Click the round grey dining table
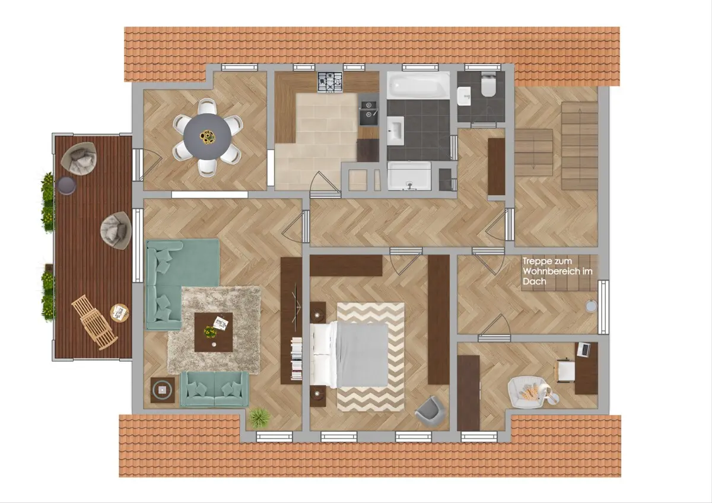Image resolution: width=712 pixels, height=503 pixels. tap(207, 136)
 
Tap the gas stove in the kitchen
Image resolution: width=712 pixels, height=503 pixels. tap(330, 82)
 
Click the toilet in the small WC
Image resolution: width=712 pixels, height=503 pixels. tap(488, 84)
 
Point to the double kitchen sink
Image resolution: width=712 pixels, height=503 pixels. tap(368, 109)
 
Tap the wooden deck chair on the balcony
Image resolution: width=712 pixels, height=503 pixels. tap(95, 323)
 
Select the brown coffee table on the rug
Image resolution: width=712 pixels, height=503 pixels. tap(213, 332)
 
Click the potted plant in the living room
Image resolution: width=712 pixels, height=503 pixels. tap(260, 418)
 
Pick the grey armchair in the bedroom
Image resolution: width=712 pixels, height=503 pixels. tap(430, 411)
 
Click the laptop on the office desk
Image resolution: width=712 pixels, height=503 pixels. tap(584, 349)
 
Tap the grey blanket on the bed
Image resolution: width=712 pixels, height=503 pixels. tap(362, 355)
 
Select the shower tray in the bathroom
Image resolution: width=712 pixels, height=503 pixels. tap(409, 176)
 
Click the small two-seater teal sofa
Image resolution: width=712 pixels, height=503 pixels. tap(215, 389)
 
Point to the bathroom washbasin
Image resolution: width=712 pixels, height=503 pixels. tap(395, 130)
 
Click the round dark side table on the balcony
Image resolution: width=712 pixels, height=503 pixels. tap(66, 185)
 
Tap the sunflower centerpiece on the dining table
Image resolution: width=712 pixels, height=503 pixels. tap(208, 136)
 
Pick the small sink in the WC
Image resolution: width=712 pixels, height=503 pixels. tap(464, 96)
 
